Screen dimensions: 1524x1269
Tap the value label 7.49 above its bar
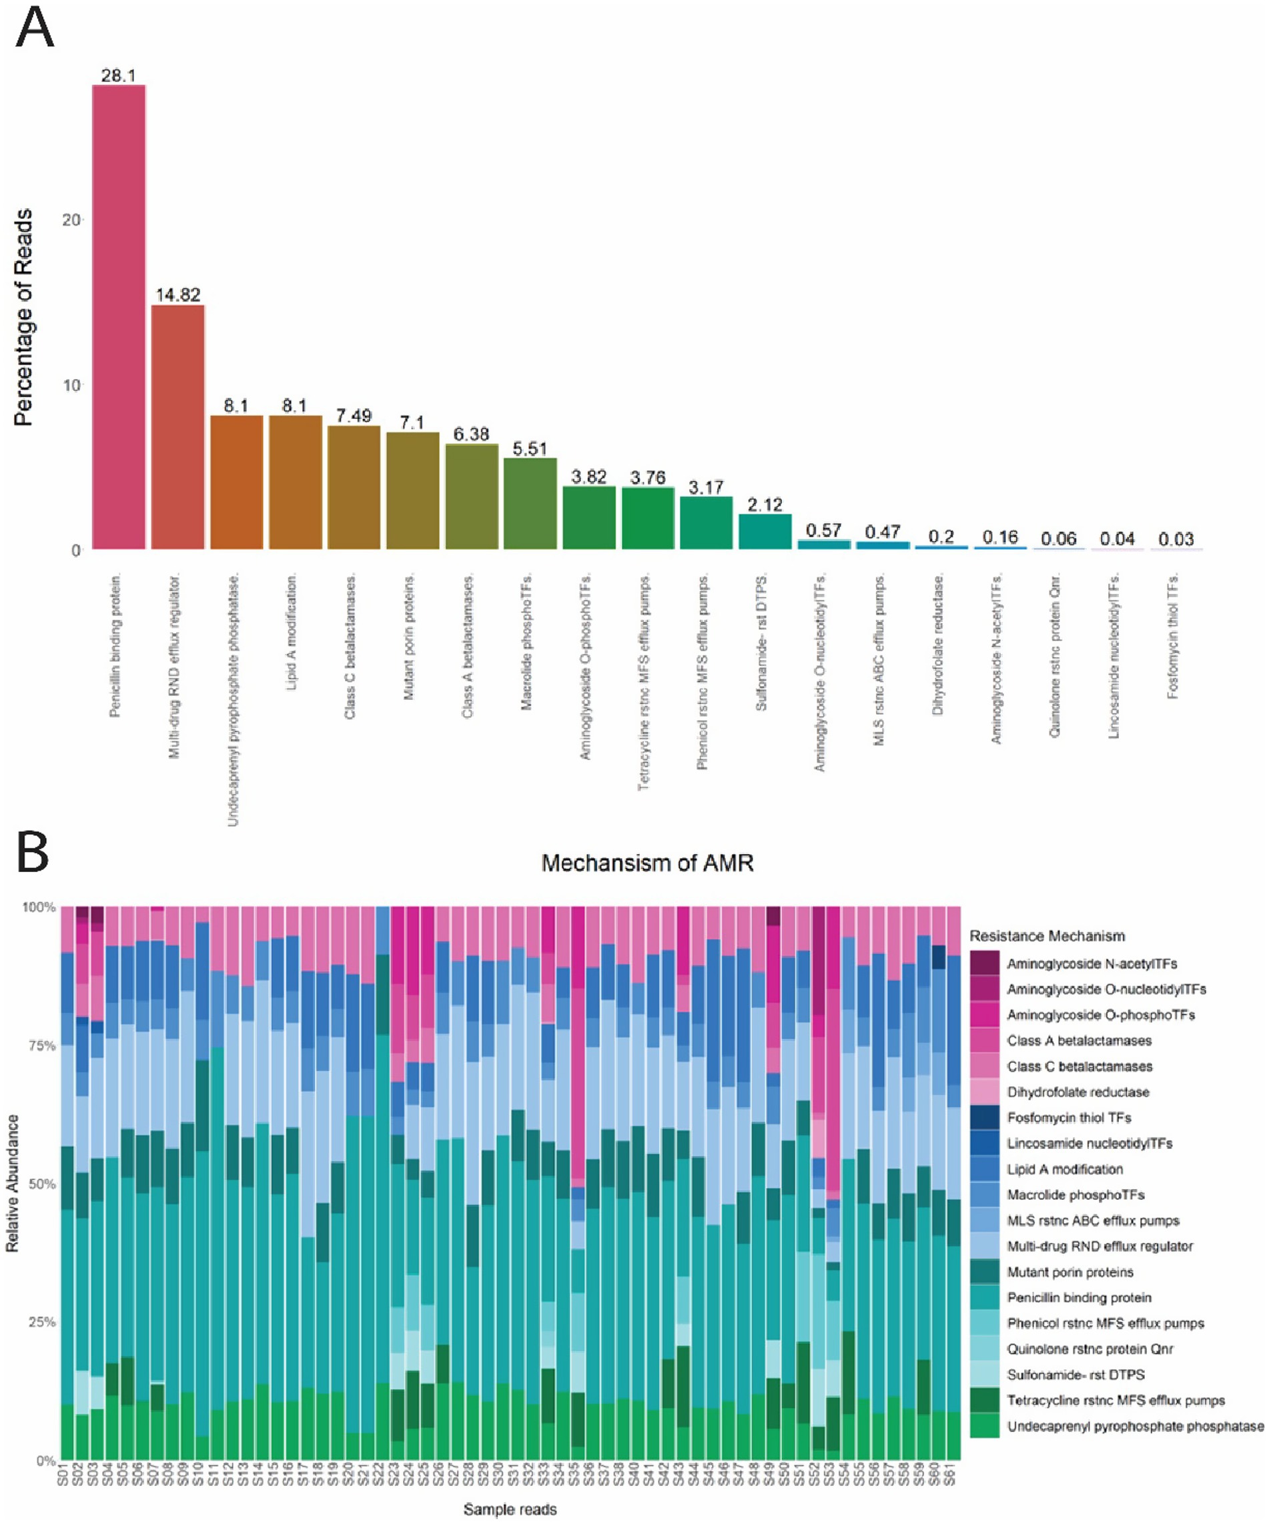point(354,416)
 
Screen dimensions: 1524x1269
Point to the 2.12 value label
point(765,504)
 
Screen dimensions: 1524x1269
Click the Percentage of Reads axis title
point(23,317)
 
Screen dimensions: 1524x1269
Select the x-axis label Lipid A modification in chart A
point(292,631)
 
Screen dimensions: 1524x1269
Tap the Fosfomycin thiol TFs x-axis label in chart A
point(1172,636)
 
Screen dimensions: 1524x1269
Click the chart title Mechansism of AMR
point(647,863)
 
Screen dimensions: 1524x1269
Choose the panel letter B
point(32,853)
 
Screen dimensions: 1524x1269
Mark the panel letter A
point(34,29)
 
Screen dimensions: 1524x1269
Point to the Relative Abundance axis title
point(12,1183)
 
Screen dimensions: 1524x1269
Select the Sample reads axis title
point(510,1509)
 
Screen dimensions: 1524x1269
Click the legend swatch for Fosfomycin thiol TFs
point(985,1118)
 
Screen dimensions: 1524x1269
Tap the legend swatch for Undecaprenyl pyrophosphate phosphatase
point(985,1426)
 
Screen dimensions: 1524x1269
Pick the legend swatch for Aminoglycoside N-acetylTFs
point(985,964)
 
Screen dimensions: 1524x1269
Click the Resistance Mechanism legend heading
point(1047,936)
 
